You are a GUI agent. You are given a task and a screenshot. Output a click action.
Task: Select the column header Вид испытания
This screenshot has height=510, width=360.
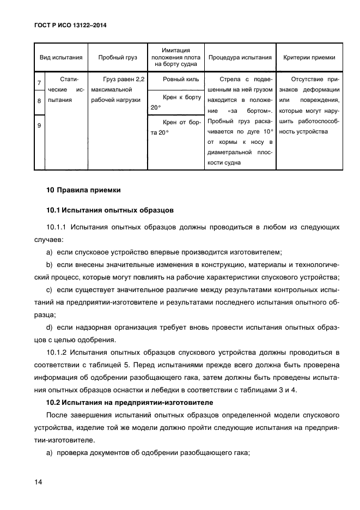pos(60,57)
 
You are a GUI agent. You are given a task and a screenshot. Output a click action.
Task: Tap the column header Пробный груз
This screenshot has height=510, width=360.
pos(118,57)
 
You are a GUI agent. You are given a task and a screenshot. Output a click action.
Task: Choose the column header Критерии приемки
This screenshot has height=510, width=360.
pos(309,57)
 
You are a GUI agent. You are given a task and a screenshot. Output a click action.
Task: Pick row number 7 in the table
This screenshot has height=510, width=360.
pos(39,83)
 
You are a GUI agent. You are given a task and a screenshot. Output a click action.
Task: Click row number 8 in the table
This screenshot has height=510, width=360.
pos(39,101)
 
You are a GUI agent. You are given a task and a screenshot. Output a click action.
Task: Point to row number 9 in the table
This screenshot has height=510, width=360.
pos(39,126)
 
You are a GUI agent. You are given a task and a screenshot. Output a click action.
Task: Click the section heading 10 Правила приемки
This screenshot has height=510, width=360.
pos(83,190)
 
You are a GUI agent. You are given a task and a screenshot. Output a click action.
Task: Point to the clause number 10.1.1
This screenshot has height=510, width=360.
pos(56,227)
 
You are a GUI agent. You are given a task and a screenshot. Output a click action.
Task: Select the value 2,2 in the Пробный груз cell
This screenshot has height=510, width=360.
pos(139,79)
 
